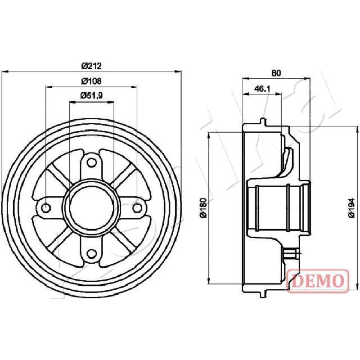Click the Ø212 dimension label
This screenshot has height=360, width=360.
click(x=91, y=66)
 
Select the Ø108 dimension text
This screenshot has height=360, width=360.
click(x=91, y=81)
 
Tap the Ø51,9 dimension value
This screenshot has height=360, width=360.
click(x=91, y=95)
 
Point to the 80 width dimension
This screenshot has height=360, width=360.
click(x=276, y=73)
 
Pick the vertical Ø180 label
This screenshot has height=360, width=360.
click(x=204, y=207)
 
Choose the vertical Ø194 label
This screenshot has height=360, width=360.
click(x=351, y=207)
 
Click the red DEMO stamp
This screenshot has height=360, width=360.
click(x=318, y=281)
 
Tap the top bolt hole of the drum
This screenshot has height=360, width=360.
click(x=92, y=163)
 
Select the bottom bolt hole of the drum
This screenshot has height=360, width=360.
click(x=92, y=253)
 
